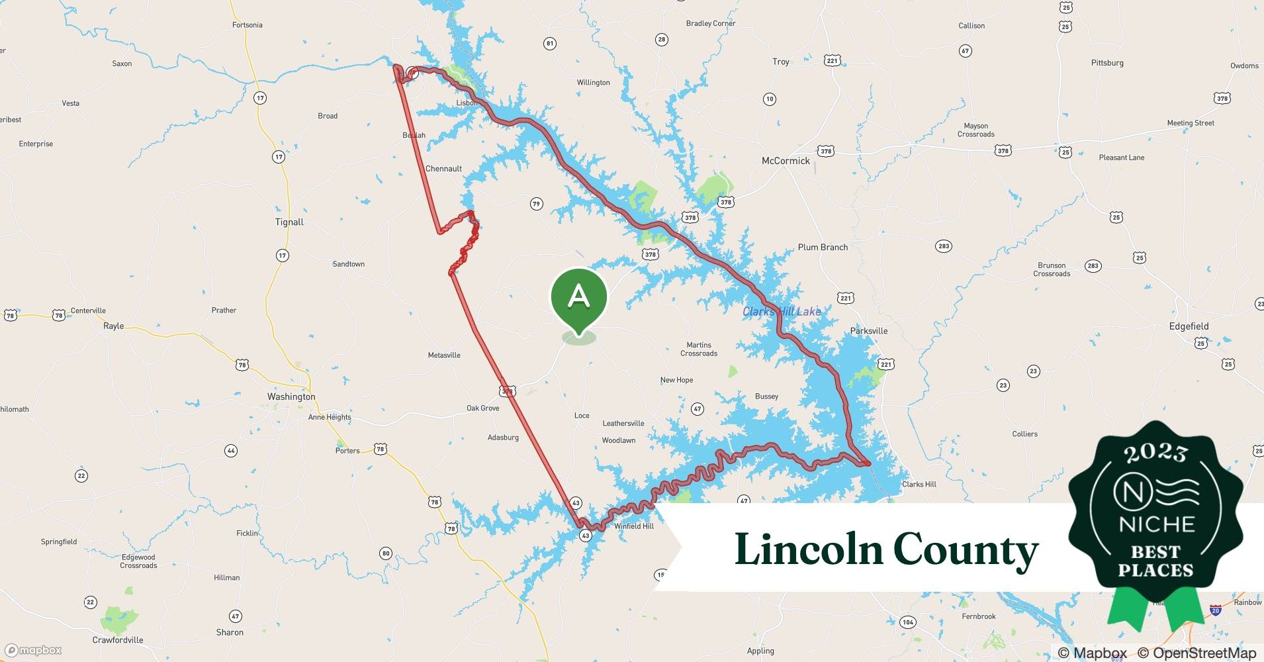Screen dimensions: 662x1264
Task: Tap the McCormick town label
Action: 786,161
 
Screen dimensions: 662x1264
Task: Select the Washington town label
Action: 291,397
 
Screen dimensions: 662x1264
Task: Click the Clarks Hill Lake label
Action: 782,311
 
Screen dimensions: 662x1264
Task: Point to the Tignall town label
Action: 289,222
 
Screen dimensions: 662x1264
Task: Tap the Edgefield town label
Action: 1189,326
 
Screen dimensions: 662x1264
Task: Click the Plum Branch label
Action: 823,248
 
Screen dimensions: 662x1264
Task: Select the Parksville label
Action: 869,331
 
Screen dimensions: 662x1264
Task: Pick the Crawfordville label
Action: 118,640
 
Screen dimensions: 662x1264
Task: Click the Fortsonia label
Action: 248,25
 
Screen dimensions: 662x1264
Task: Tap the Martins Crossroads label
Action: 699,349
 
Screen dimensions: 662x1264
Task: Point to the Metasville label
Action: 444,355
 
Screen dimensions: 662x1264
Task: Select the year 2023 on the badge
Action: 1156,452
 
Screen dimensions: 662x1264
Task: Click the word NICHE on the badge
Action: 1156,524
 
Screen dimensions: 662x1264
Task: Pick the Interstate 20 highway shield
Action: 1215,610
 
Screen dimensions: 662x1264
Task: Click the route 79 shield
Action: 537,204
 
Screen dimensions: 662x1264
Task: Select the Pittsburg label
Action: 1107,63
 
